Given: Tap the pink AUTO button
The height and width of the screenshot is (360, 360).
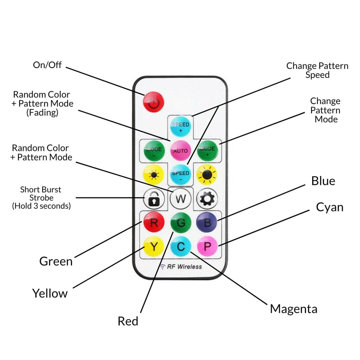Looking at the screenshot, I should coord(181,151).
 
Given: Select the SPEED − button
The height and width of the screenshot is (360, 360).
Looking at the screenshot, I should coord(181,175).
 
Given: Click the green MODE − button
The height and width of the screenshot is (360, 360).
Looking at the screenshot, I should coord(154,151).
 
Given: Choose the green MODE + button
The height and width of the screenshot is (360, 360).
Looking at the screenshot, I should coord(207,151).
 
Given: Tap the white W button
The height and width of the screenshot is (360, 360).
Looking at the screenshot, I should coord(181,199).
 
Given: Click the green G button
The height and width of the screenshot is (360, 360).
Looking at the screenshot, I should coord(181,223).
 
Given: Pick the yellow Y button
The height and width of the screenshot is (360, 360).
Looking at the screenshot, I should coord(154,247).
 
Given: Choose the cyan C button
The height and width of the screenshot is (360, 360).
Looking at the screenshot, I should coord(181,247).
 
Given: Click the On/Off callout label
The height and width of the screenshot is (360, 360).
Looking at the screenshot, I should coord(47,65).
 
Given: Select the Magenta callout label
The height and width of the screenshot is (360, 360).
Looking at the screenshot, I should coord(294,309).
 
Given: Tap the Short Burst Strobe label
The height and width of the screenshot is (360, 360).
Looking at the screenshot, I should coord(41,198).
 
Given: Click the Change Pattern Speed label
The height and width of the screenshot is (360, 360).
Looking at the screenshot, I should coord(317,70).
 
